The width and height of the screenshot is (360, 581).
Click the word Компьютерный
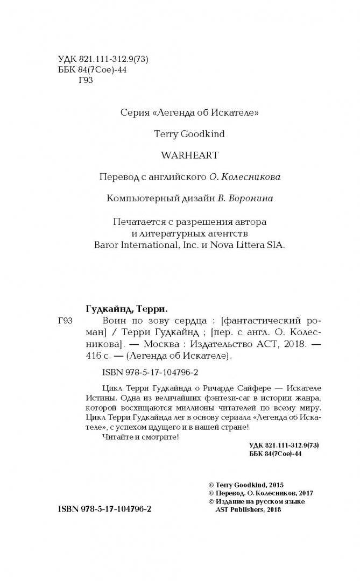(x=138, y=198)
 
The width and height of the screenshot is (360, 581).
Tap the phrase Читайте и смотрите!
(x=139, y=438)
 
